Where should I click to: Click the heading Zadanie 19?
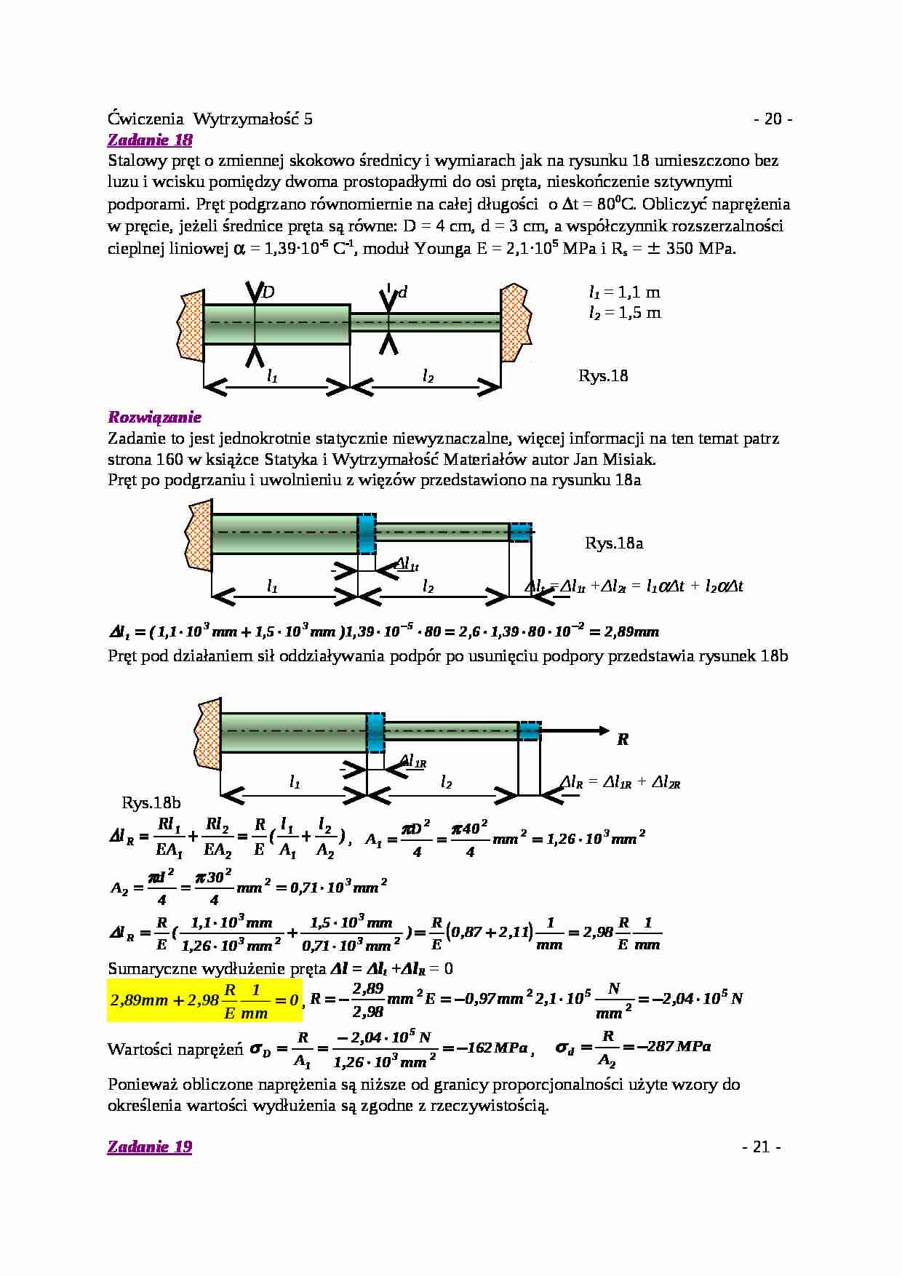click(x=150, y=1147)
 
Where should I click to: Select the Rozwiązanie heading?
click(x=154, y=417)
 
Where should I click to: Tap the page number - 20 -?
click(x=773, y=119)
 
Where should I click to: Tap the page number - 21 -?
click(x=762, y=1147)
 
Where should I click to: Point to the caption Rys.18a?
click(x=613, y=543)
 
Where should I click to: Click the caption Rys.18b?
click(x=151, y=803)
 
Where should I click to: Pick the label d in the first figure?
click(x=402, y=292)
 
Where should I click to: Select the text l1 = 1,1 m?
click(x=624, y=292)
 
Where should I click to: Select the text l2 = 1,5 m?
click(x=624, y=313)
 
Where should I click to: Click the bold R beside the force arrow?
click(x=622, y=740)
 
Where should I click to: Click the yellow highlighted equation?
click(x=204, y=1000)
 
